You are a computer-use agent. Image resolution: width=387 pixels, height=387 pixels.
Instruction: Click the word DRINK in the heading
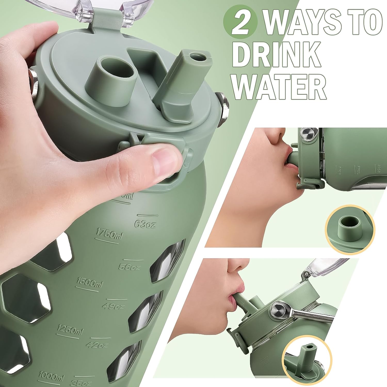[x=277, y=55]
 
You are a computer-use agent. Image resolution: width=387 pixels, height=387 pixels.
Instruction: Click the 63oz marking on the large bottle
[x=146, y=224]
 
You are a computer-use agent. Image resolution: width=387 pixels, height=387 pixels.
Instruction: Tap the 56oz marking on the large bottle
[x=130, y=267]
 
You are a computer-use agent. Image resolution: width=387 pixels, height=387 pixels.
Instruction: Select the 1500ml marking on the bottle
[x=90, y=283]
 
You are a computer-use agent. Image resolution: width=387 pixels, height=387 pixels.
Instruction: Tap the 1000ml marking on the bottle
[x=51, y=377]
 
